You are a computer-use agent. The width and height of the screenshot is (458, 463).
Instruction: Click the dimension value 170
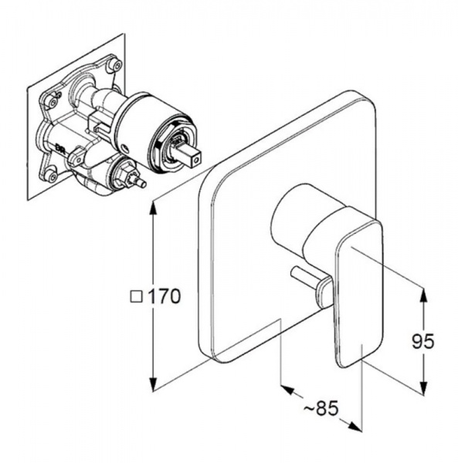[x=164, y=296]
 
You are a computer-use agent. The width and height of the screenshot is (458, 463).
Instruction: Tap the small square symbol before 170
[x=137, y=297]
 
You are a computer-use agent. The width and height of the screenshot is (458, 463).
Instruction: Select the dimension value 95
[x=422, y=341]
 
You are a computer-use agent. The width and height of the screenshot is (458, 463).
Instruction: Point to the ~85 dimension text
[x=321, y=409]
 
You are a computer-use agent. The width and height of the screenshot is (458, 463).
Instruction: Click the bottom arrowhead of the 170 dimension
[x=153, y=383]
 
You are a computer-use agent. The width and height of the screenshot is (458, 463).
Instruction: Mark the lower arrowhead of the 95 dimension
[x=423, y=385]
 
